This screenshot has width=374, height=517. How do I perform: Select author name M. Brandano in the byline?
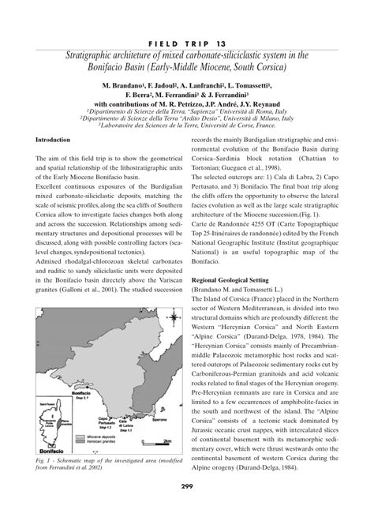tap(126, 84)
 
